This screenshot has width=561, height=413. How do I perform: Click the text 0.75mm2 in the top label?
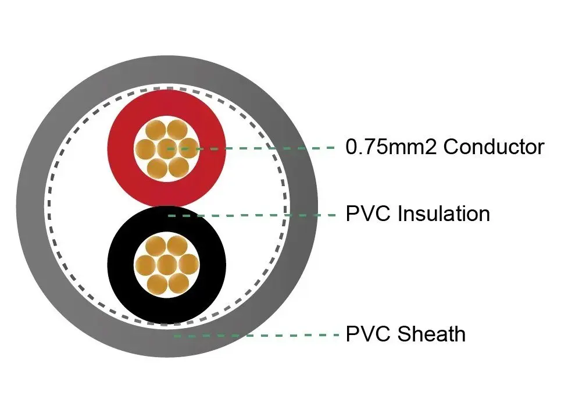pos(391,147)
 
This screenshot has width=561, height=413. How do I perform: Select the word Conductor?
pos(494,147)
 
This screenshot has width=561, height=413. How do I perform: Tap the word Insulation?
pos(444,213)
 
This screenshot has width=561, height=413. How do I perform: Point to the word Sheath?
pos(431,334)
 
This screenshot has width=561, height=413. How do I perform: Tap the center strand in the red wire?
pos(167,148)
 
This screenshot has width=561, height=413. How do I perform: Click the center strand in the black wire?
pos(167,265)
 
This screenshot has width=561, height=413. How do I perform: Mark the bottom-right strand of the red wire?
pos(178,167)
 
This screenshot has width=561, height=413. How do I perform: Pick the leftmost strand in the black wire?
pos(145,265)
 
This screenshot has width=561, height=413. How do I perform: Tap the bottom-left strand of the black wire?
pos(157,284)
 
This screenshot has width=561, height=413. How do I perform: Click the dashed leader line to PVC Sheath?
pos(256,336)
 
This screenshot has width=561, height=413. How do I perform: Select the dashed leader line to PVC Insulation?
pos(252,215)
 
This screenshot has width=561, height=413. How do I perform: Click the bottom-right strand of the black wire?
pos(178,283)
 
